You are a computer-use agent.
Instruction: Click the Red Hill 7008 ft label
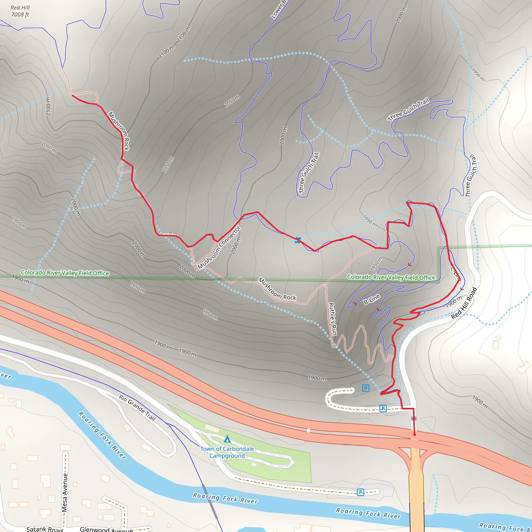coord(20,11)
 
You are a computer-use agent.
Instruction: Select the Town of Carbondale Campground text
coord(227,452)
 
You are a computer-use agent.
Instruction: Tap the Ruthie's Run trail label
coord(332,319)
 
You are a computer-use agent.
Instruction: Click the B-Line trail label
coord(372,299)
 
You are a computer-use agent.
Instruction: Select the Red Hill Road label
coord(464,303)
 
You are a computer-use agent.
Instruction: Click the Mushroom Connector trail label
coord(219,247)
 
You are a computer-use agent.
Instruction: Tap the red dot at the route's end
coord(414,435)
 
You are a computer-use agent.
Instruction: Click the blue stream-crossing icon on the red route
coord(297,240)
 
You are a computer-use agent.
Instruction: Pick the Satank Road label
coord(45,529)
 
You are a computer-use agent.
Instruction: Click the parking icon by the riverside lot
coord(361,492)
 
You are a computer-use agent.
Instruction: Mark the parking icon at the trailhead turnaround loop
coord(365,388)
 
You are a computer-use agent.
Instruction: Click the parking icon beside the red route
coord(383,408)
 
